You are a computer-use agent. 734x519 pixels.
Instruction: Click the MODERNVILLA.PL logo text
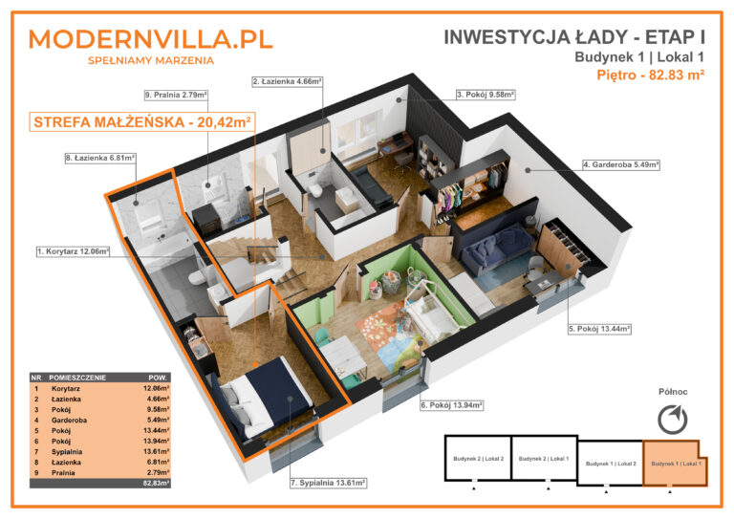[x=150, y=38]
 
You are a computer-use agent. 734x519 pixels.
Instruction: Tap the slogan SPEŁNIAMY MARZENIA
[x=150, y=60]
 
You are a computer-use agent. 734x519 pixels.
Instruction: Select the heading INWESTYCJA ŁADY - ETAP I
[x=574, y=37]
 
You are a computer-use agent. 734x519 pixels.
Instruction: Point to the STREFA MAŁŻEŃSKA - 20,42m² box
[x=141, y=121]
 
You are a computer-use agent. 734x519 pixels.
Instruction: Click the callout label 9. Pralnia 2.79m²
[x=176, y=96]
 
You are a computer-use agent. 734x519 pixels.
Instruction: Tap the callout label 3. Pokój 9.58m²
[x=486, y=95]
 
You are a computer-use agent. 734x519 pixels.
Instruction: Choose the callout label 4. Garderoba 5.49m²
[x=621, y=164]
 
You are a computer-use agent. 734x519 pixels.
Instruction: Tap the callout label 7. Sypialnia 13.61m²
[x=328, y=484]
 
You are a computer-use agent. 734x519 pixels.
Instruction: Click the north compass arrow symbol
[x=673, y=418]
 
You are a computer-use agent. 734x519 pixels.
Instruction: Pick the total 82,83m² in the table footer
[x=156, y=485]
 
